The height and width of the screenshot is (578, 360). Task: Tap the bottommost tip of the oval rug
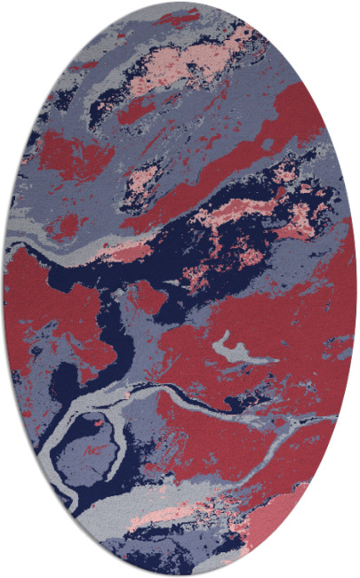tap(180, 574)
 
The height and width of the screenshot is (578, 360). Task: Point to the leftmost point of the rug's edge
tap(4, 289)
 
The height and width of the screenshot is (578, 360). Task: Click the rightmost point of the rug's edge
tap(356, 289)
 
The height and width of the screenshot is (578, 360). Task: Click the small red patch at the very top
tap(178, 18)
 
